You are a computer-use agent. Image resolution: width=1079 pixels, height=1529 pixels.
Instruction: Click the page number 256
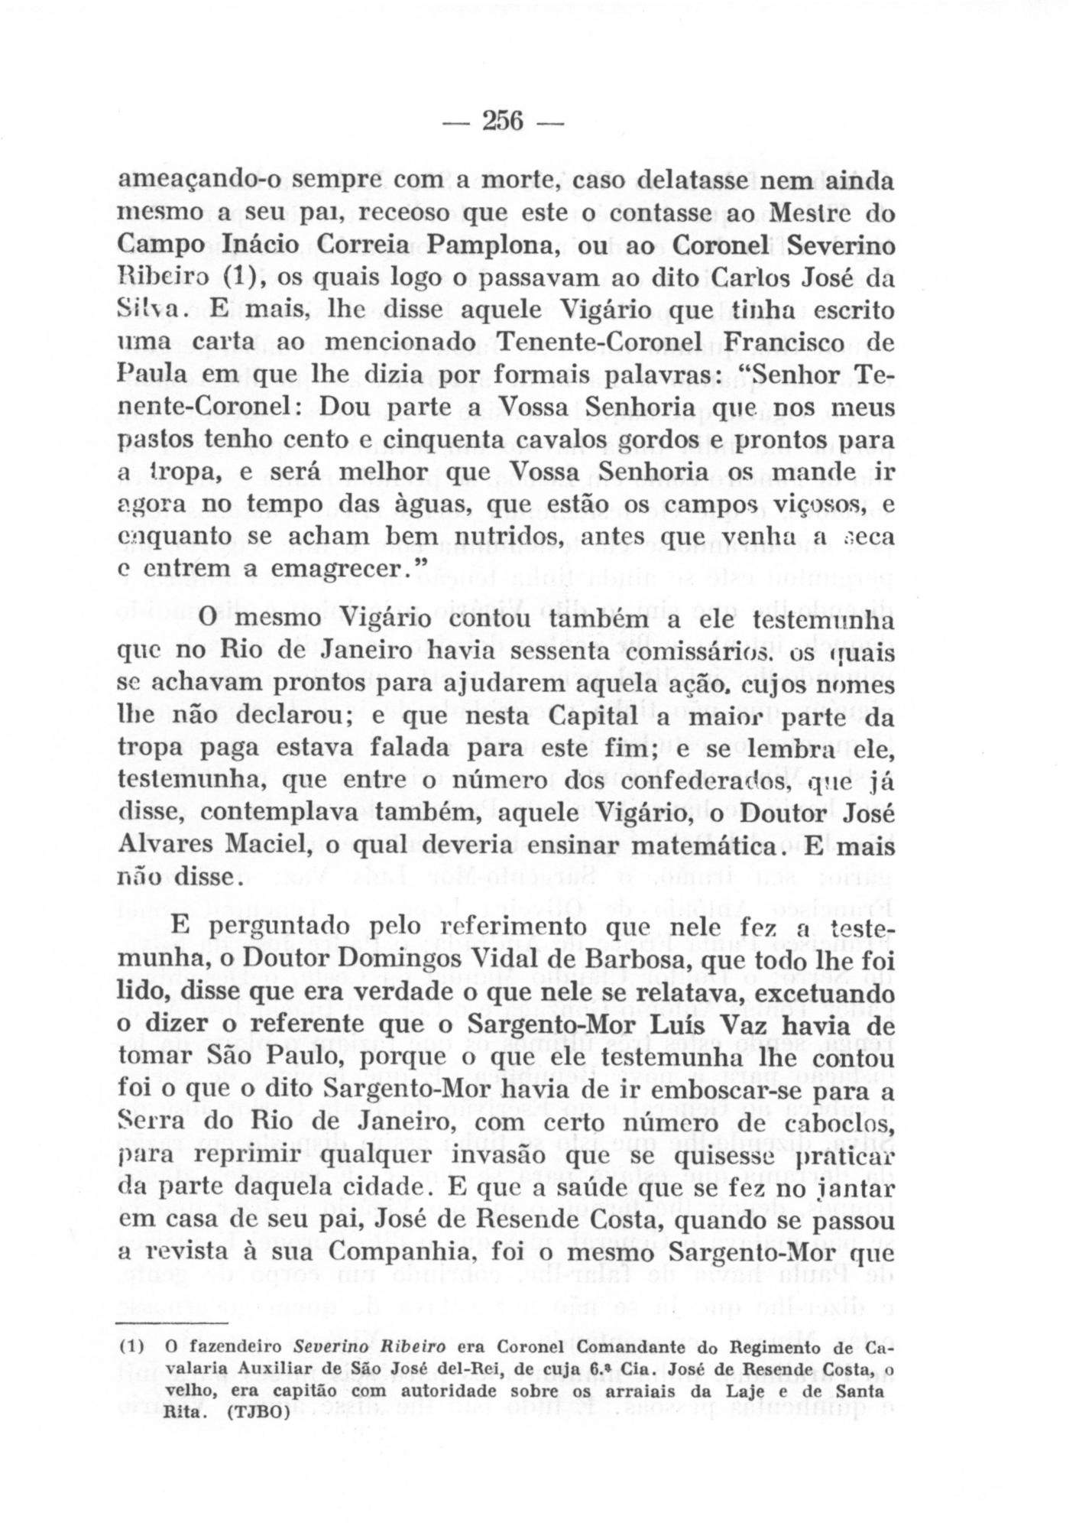point(501,122)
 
